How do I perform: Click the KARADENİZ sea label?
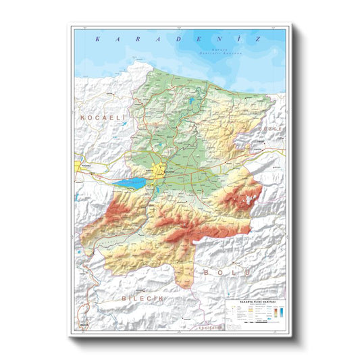coord(178,39)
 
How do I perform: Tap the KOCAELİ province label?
coord(103,118)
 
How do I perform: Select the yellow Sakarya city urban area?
coord(161,171)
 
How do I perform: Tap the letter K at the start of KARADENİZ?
coord(98,39)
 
